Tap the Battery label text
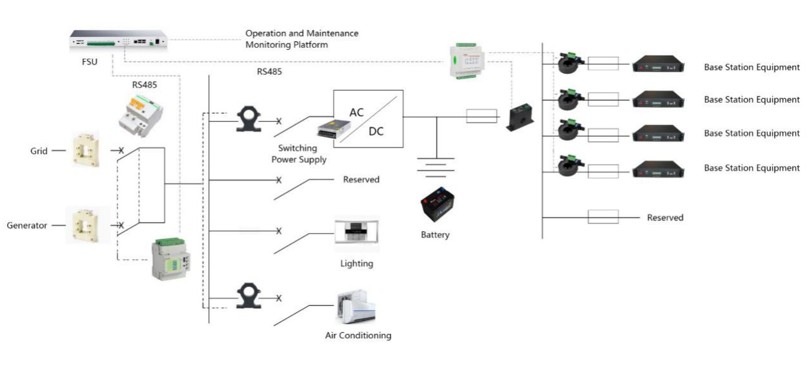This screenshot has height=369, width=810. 435,235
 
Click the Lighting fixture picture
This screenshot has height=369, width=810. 356,234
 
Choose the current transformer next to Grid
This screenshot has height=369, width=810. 84,150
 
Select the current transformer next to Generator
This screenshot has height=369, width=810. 84,225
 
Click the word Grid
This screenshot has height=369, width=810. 39,151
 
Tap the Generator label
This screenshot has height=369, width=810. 26,225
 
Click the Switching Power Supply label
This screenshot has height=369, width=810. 299,154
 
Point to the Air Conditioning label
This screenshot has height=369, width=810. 358,335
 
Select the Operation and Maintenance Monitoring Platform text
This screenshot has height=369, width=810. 301,39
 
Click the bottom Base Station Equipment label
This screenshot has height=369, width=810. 751,168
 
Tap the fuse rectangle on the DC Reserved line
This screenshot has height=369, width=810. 603,217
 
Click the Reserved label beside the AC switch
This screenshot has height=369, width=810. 361,179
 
